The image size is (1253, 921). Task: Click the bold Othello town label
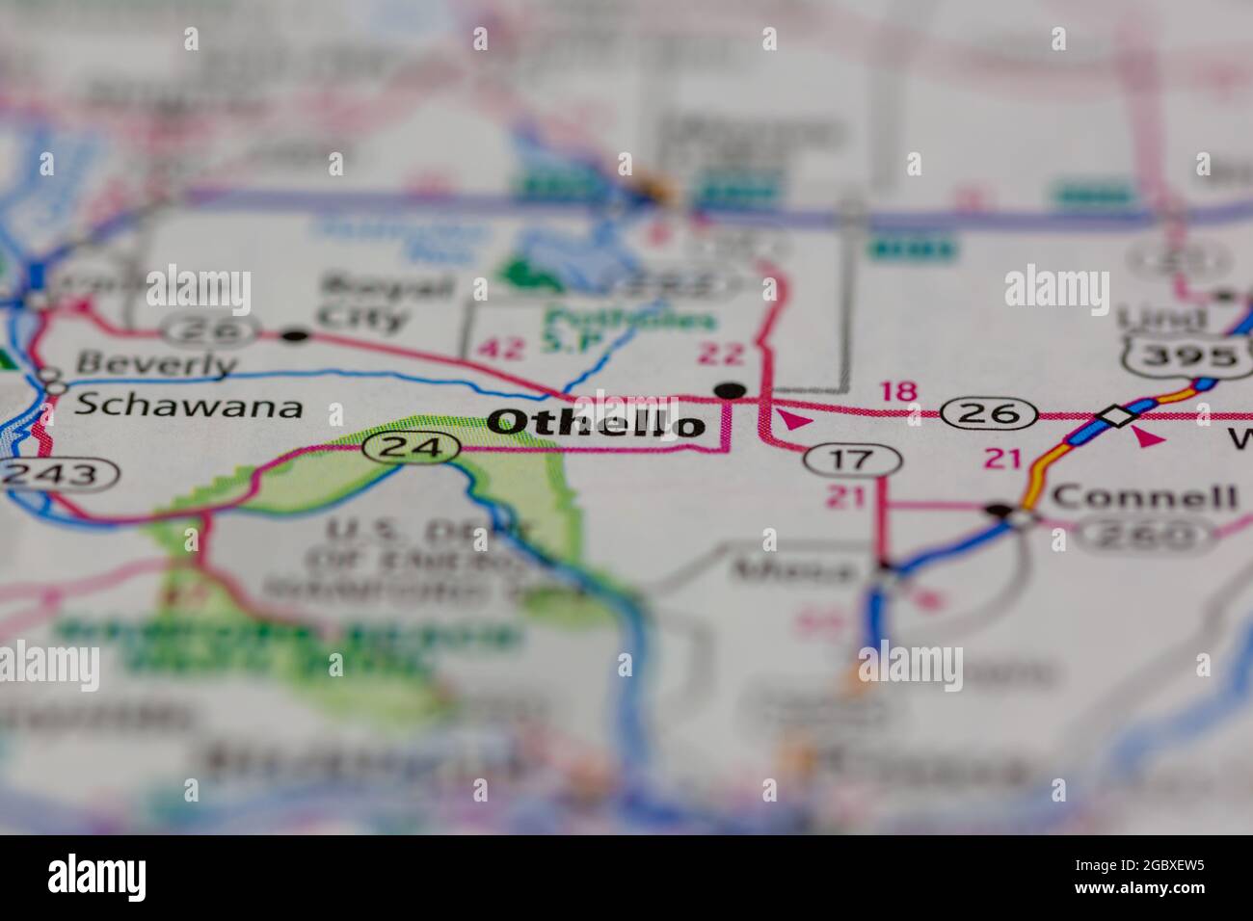click(596, 422)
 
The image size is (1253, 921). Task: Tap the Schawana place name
click(188, 406)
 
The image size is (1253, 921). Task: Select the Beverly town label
click(155, 364)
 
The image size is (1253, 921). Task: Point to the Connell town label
click(1143, 497)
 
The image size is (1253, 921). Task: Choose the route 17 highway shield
click(852, 460)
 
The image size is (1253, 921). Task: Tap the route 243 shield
click(60, 473)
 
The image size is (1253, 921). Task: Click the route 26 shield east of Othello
click(990, 413)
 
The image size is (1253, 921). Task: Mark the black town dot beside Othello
click(732, 390)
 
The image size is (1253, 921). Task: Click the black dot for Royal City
click(295, 335)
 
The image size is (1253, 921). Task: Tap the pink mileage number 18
click(898, 391)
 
